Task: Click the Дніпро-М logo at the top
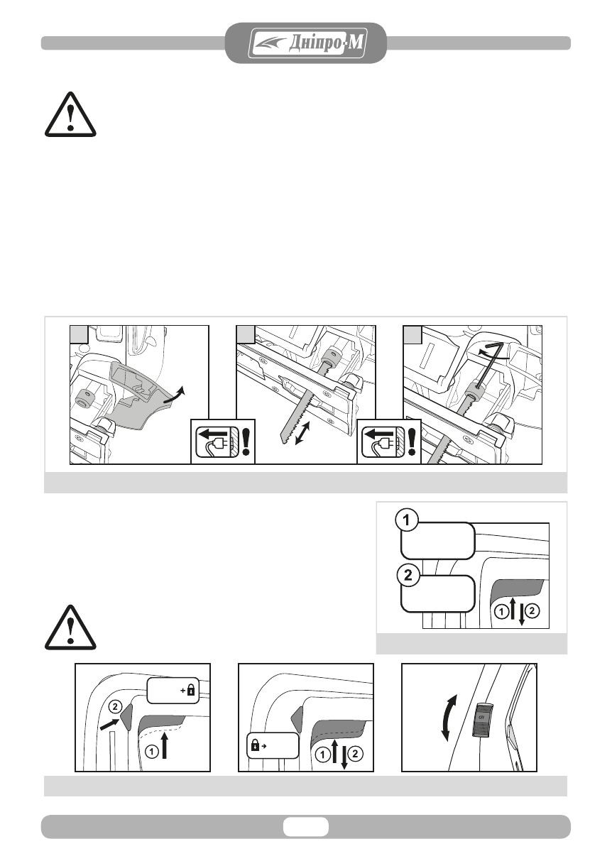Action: [x=307, y=44]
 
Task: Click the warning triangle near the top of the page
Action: [x=69, y=114]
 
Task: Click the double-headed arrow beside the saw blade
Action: [x=304, y=432]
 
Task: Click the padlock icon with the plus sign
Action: [x=190, y=690]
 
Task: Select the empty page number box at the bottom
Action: [x=306, y=826]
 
